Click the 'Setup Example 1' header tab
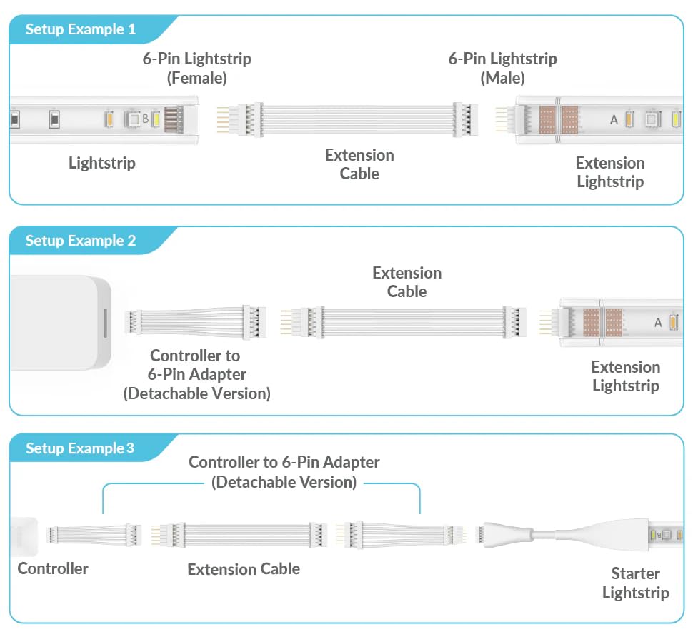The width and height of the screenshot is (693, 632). pos(80,30)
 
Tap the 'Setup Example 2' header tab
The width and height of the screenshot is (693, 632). pos(80,241)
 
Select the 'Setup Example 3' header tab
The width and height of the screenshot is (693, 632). pos(80,448)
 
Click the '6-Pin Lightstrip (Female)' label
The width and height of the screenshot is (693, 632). pos(196,68)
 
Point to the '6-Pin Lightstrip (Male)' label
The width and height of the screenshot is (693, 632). pos(502,68)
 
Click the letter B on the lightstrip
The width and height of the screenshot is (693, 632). pos(145,119)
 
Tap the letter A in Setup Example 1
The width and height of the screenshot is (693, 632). pos(614,119)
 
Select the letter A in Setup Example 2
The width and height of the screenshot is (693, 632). pos(658,323)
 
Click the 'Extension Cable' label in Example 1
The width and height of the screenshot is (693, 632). pos(359,164)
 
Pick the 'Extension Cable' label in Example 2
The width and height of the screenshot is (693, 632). pos(407,282)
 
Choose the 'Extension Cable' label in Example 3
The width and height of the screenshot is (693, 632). pos(244,569)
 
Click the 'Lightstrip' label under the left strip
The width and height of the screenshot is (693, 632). pos(102,163)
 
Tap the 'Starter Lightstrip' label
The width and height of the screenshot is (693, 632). pos(635,583)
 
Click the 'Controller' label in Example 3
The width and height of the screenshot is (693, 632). pos(53,568)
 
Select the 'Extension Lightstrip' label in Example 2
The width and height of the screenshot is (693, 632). pos(625,376)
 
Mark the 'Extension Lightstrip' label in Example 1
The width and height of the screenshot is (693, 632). pos(610,172)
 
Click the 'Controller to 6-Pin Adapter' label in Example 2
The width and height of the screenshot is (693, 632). pos(196,374)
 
